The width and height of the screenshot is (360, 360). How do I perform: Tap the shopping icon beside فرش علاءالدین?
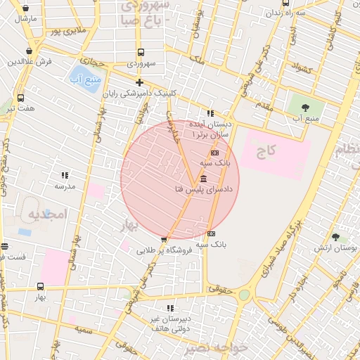click(x=29, y=51)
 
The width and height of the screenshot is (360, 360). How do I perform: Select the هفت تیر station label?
click(x=20, y=109)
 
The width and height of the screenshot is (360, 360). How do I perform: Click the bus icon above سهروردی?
click(x=141, y=52)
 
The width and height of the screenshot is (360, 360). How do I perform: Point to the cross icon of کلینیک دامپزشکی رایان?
click(x=139, y=83)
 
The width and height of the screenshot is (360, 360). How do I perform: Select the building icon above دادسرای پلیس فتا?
click(x=203, y=179)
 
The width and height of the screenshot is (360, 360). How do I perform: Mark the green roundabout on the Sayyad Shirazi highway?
click(x=244, y=295)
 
